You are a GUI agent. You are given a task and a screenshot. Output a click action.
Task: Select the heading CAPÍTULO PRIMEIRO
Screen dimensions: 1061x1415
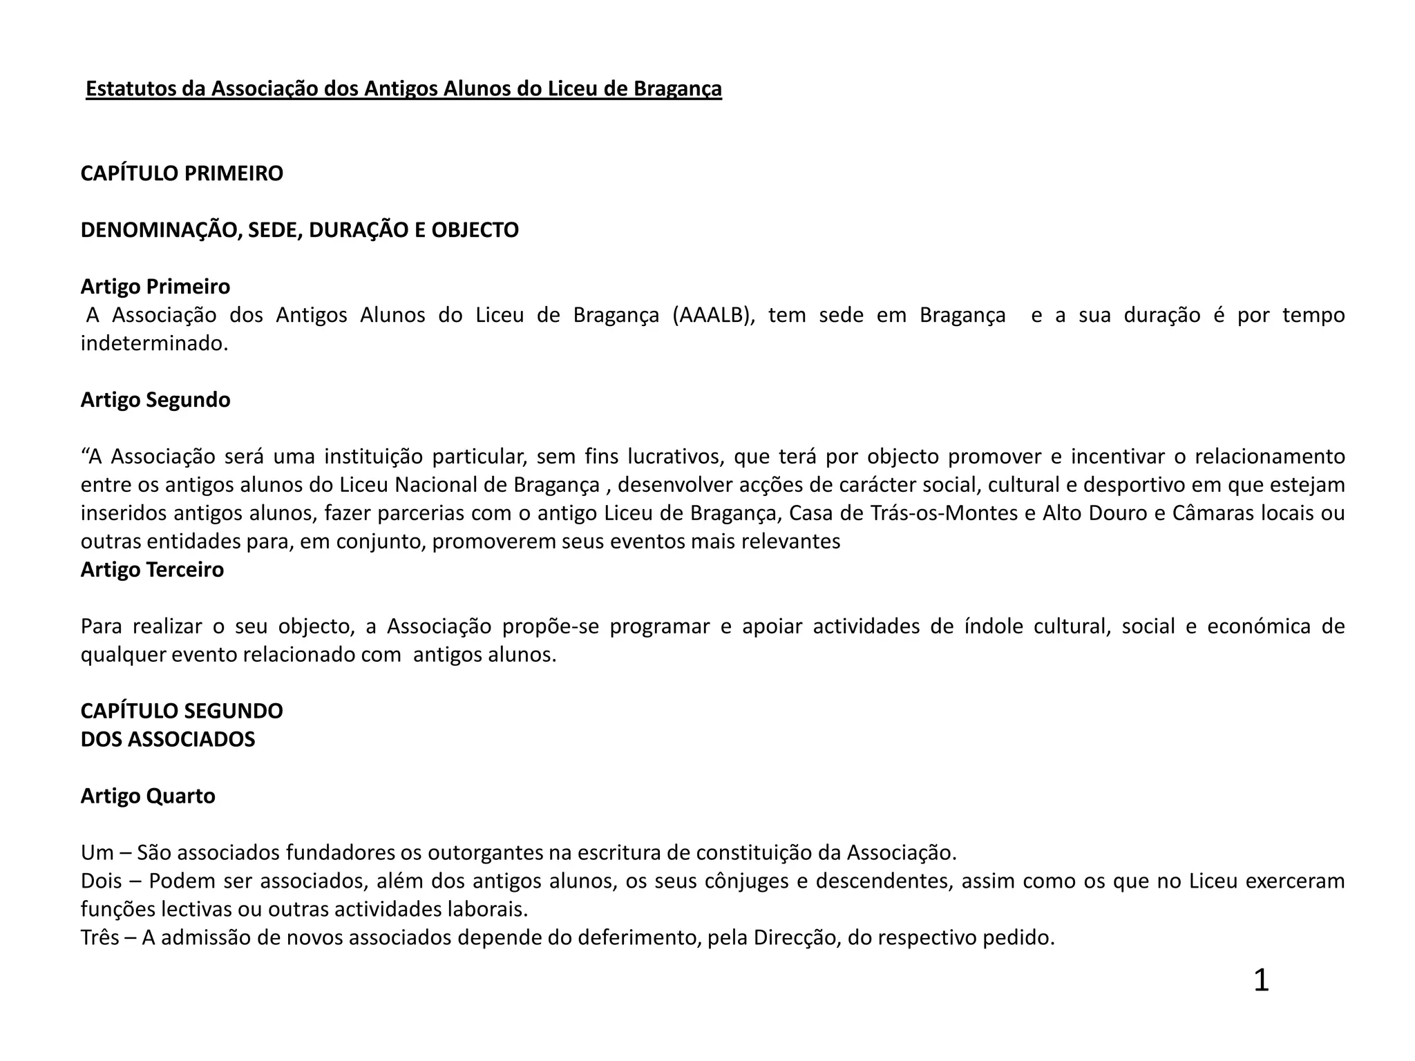pyautogui.click(x=182, y=173)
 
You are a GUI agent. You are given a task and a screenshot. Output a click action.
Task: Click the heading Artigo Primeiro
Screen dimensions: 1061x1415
pyautogui.click(x=155, y=287)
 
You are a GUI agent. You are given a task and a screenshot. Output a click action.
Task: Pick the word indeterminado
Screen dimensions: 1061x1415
pyautogui.click(x=154, y=343)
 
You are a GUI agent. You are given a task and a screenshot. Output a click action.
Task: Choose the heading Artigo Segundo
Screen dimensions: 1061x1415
pyautogui.click(x=155, y=400)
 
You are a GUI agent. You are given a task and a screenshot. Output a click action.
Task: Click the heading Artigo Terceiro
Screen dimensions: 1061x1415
pyautogui.click(x=152, y=570)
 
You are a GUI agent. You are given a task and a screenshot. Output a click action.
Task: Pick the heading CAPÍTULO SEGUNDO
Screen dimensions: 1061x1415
pyautogui.click(x=182, y=711)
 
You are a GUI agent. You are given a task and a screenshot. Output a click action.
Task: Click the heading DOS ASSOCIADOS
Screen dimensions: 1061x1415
pyautogui.click(x=168, y=739)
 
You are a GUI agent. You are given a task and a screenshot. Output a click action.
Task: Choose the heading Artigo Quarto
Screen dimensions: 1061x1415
pyautogui.click(x=148, y=796)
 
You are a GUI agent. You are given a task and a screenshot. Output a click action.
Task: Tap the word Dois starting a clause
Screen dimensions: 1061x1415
pyautogui.click(x=102, y=881)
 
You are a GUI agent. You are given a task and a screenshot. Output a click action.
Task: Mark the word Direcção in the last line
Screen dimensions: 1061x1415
pyautogui.click(x=795, y=938)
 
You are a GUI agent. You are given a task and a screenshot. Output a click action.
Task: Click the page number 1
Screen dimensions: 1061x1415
pyautogui.click(x=1261, y=981)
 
